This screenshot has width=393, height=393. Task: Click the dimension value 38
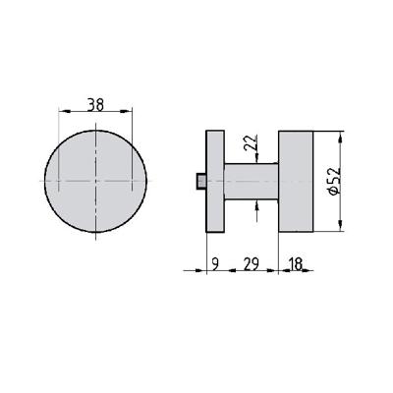tap(95, 102)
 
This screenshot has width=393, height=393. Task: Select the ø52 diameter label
tap(334, 183)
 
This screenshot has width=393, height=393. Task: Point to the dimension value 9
tap(214, 263)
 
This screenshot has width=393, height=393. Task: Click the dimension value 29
tap(251, 263)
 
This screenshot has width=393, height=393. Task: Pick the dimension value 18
tap(296, 263)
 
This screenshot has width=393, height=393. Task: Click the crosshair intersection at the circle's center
tap(95, 182)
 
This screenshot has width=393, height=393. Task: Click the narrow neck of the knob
tap(250, 182)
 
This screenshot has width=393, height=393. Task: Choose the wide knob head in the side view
tap(296, 182)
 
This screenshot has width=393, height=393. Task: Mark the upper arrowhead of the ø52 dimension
tap(341, 136)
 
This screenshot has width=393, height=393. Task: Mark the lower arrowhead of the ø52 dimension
tap(341, 228)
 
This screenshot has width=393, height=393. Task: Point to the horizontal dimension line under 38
tap(95, 116)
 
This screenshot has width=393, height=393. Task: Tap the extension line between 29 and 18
tap(281, 251)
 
